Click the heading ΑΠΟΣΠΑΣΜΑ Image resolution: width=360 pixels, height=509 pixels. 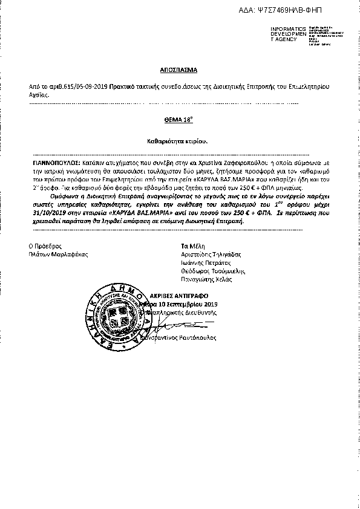pos(179,70)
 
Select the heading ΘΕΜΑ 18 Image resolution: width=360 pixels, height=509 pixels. pos(179,120)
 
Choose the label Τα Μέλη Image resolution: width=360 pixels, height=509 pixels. pos(185,246)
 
